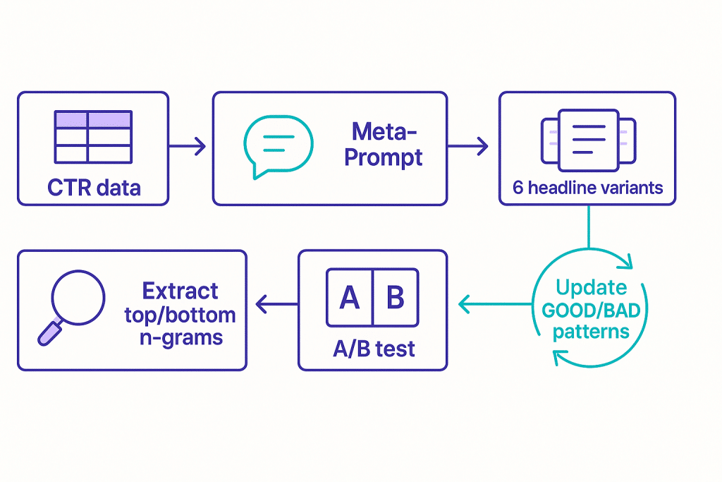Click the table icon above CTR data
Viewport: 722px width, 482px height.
93,137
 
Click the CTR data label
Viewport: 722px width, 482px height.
94,188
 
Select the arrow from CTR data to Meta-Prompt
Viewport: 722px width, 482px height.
188,147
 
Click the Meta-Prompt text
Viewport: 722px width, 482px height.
384,144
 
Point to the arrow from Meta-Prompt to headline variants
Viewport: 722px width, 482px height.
467,147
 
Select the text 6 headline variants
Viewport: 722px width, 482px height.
587,188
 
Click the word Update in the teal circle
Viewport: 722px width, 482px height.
591,288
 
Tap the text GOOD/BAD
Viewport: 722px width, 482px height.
591,310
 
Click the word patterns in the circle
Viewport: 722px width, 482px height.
591,331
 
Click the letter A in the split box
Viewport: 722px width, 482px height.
350,298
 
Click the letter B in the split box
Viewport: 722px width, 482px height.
396,298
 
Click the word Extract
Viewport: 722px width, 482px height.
180,291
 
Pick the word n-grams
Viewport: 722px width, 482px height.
180,336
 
